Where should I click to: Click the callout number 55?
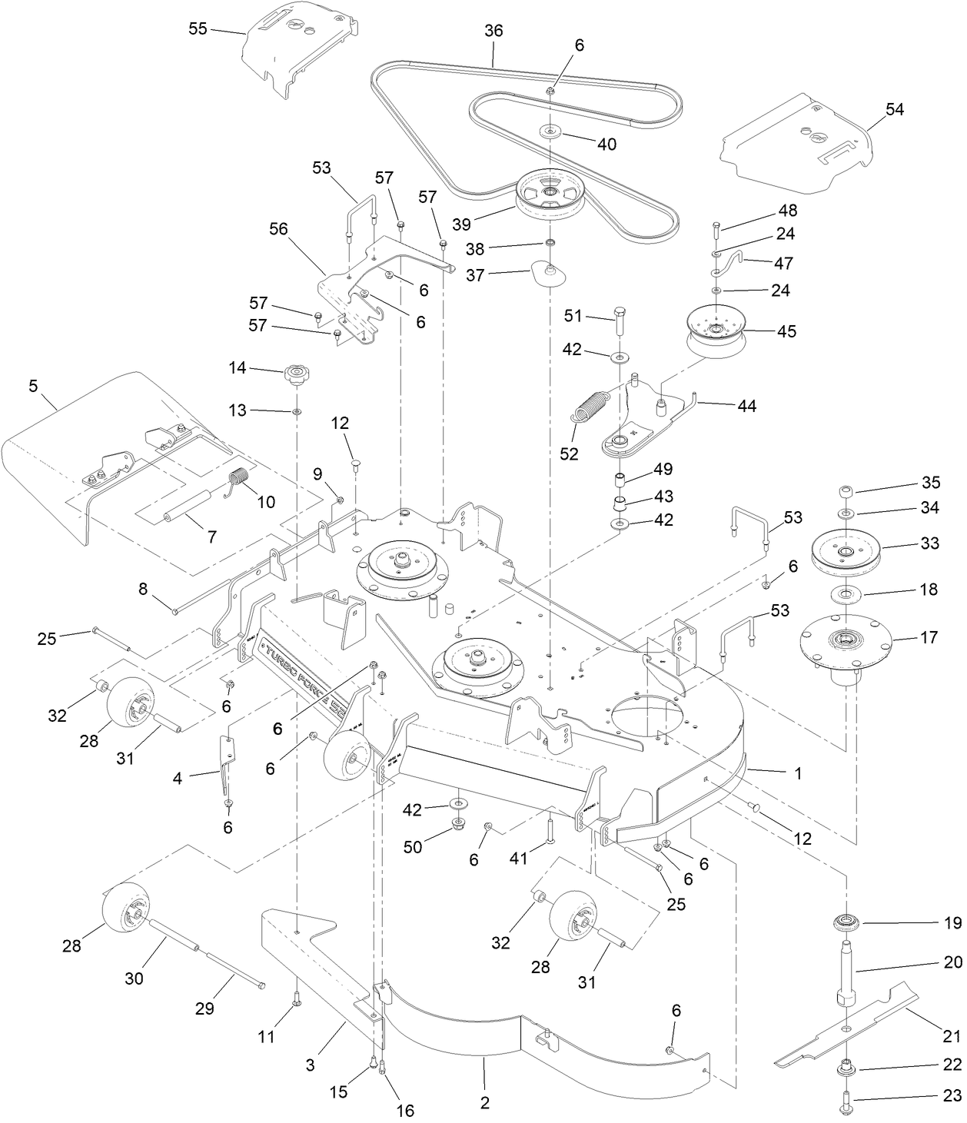coord(198,29)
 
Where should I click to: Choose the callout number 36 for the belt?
coord(493,31)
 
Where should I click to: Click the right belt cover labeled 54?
coord(799,138)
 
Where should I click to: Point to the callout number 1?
coord(798,773)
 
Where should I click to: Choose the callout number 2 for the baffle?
coord(484,1103)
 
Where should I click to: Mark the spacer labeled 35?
coord(845,491)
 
